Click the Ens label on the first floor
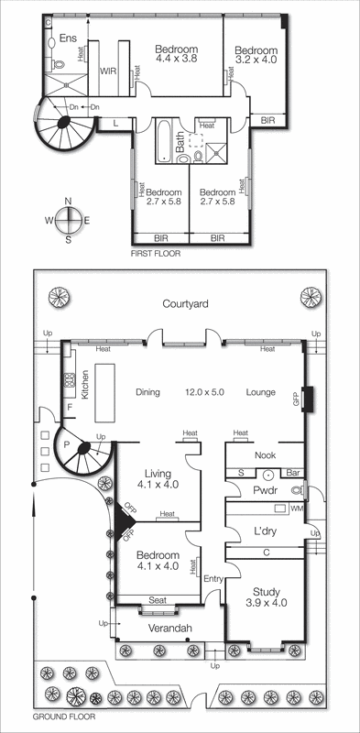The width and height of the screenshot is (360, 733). pyautogui.click(x=68, y=38)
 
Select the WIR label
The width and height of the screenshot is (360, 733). pyautogui.click(x=108, y=71)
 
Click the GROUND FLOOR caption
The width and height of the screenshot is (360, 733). pyautogui.click(x=61, y=719)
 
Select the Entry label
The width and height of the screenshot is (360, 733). pyautogui.click(x=213, y=578)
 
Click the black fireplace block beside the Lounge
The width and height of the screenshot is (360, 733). pyautogui.click(x=308, y=399)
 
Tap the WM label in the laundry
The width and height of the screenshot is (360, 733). pyautogui.click(x=295, y=508)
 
